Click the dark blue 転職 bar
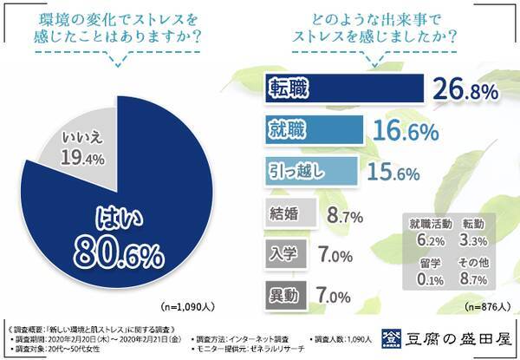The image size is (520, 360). point(341,89)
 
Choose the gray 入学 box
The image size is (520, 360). point(285,254)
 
